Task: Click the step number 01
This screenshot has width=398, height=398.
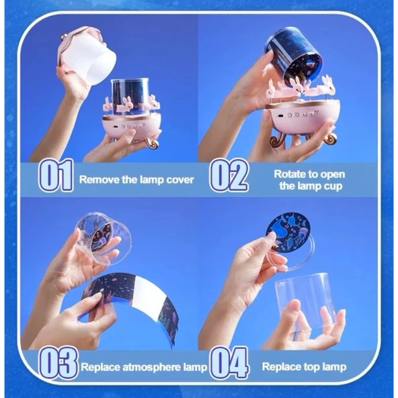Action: (56, 175)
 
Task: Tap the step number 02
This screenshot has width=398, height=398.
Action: (229, 175)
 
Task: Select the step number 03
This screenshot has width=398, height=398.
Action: (58, 363)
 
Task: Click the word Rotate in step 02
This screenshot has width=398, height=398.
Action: (290, 174)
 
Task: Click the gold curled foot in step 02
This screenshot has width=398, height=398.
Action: (278, 142)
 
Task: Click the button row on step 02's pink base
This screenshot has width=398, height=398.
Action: (300, 115)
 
